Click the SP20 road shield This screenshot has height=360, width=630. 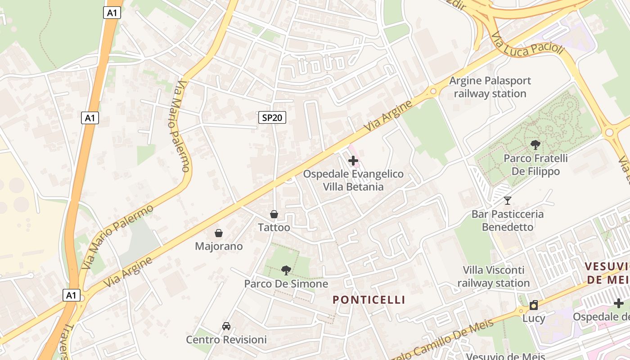[272, 117]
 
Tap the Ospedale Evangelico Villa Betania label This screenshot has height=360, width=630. [353, 180]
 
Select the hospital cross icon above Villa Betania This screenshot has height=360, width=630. [353, 160]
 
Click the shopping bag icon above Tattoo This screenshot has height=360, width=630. [274, 214]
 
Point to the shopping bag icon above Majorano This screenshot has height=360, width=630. [219, 233]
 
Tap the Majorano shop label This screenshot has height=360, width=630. [219, 246]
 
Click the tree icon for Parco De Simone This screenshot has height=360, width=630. [286, 270]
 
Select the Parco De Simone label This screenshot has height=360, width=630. [286, 284]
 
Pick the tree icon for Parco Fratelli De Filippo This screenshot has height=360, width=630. [535, 145]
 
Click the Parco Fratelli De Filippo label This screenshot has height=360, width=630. [535, 165]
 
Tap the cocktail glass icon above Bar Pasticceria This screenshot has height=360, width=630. [508, 201]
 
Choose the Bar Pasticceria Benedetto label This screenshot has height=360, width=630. [508, 220]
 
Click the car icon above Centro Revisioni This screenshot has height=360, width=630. [226, 326]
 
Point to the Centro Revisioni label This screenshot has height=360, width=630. [226, 339]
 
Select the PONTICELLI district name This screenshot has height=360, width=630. [369, 300]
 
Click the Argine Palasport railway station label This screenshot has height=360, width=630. [490, 87]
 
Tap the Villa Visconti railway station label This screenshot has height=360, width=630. [494, 276]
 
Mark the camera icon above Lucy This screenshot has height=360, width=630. [534, 306]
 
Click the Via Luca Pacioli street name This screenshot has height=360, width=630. [527, 44]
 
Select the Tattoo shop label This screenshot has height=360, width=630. [274, 228]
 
